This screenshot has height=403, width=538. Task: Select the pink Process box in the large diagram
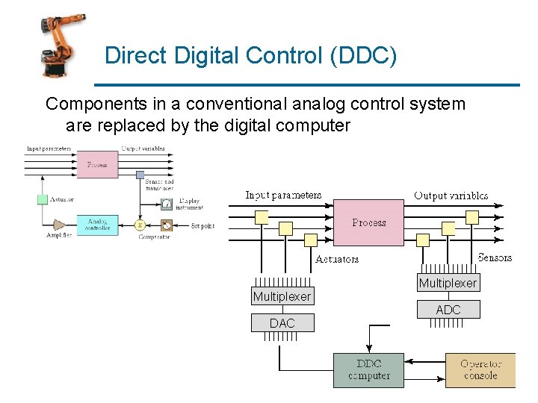pyautogui.click(x=369, y=222)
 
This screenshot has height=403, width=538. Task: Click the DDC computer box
pyautogui.click(x=368, y=370)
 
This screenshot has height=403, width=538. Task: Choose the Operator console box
pyautogui.click(x=480, y=370)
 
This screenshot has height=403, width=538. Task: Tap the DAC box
pyautogui.click(x=282, y=323)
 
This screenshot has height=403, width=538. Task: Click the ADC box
pyautogui.click(x=448, y=310)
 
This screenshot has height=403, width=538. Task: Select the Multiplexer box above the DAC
pyautogui.click(x=282, y=296)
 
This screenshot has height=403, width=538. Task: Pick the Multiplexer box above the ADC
pyautogui.click(x=448, y=283)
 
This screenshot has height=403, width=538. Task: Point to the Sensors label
pyautogui.click(x=495, y=257)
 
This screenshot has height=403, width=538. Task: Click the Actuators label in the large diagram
pyautogui.click(x=336, y=260)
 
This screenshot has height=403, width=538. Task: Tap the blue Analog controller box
pyautogui.click(x=97, y=224)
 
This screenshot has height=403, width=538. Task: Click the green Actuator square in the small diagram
pyautogui.click(x=43, y=199)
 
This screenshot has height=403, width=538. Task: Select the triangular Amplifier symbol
pyautogui.click(x=59, y=224)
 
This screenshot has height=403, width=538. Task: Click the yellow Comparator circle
pyautogui.click(x=139, y=225)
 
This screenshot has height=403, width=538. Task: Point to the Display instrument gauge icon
pyautogui.click(x=166, y=203)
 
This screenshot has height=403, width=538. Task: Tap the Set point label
pyautogui.click(x=203, y=225)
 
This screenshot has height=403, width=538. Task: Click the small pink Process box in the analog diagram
pyautogui.click(x=97, y=164)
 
